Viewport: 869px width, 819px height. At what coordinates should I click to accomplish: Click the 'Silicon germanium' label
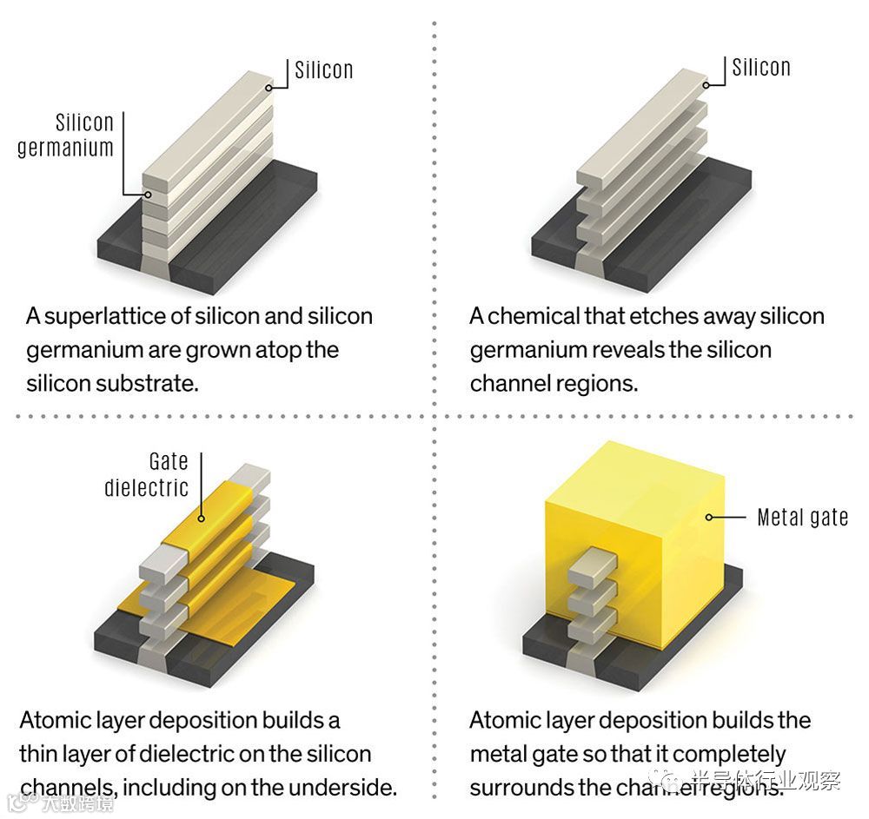point(66,135)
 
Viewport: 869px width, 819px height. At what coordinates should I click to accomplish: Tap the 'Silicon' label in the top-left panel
point(323,69)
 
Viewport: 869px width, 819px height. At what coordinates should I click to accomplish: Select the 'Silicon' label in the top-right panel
point(761,67)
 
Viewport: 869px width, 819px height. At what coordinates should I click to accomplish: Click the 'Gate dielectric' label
point(147,474)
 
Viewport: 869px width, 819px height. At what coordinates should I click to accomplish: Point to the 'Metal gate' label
point(802,518)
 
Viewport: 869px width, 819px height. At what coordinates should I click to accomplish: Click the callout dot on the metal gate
point(709,518)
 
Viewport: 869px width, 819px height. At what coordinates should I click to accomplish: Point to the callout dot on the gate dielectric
point(201,518)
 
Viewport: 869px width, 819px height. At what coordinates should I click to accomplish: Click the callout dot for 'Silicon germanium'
point(147,195)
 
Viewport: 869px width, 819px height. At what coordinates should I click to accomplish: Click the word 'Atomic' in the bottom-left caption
point(54,720)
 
